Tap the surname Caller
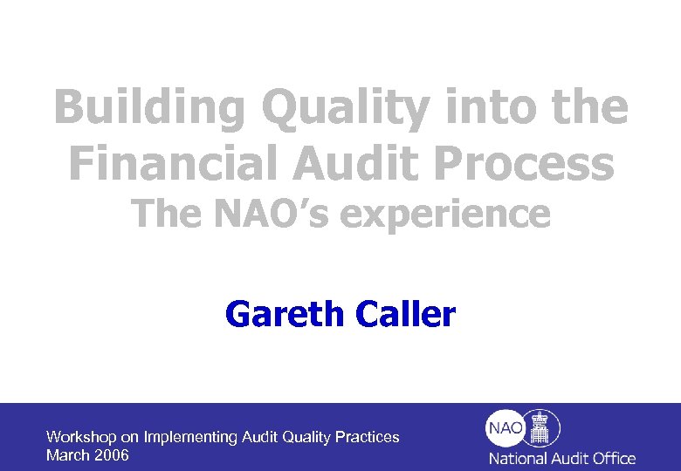(x=406, y=313)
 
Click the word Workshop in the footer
(x=79, y=437)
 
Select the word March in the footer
(x=65, y=455)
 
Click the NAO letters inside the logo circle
(x=506, y=428)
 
